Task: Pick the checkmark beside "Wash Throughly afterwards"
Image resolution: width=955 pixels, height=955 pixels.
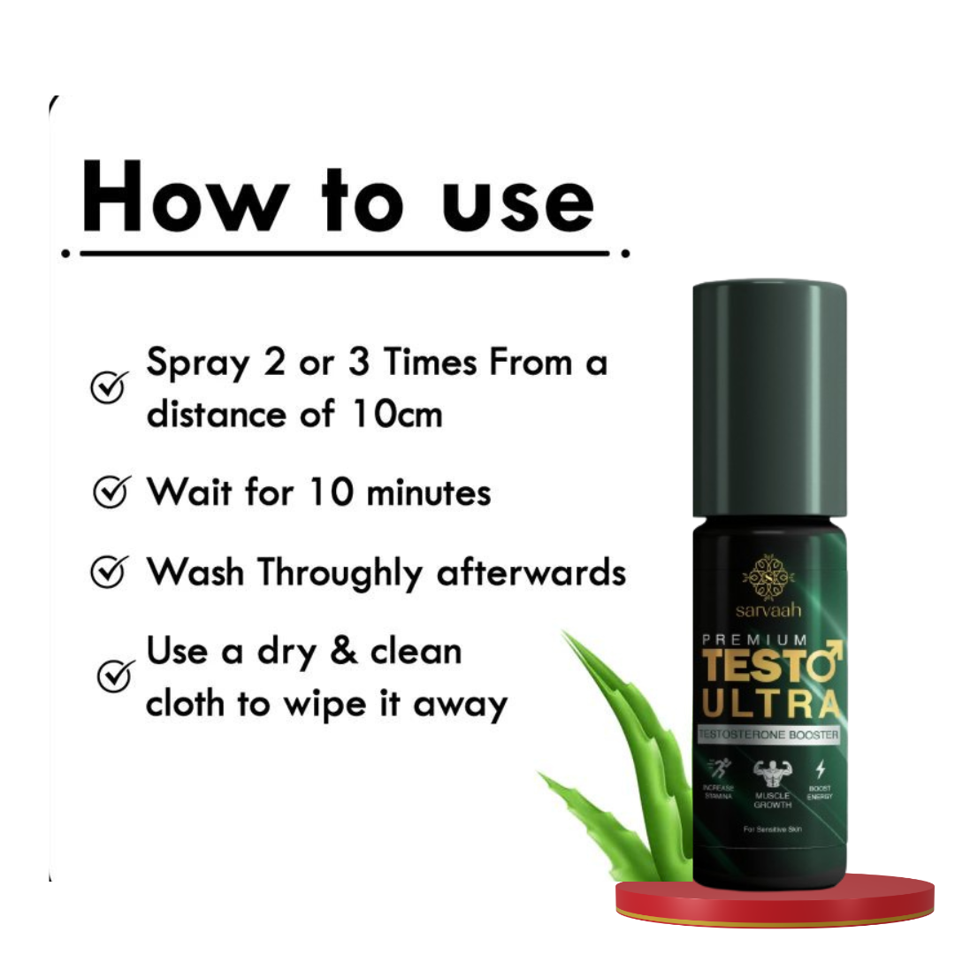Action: click(110, 572)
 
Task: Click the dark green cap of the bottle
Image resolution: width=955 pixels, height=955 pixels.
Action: click(769, 398)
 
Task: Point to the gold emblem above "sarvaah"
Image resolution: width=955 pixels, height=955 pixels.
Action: click(768, 577)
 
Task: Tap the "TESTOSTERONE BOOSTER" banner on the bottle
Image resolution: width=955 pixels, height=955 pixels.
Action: click(768, 734)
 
